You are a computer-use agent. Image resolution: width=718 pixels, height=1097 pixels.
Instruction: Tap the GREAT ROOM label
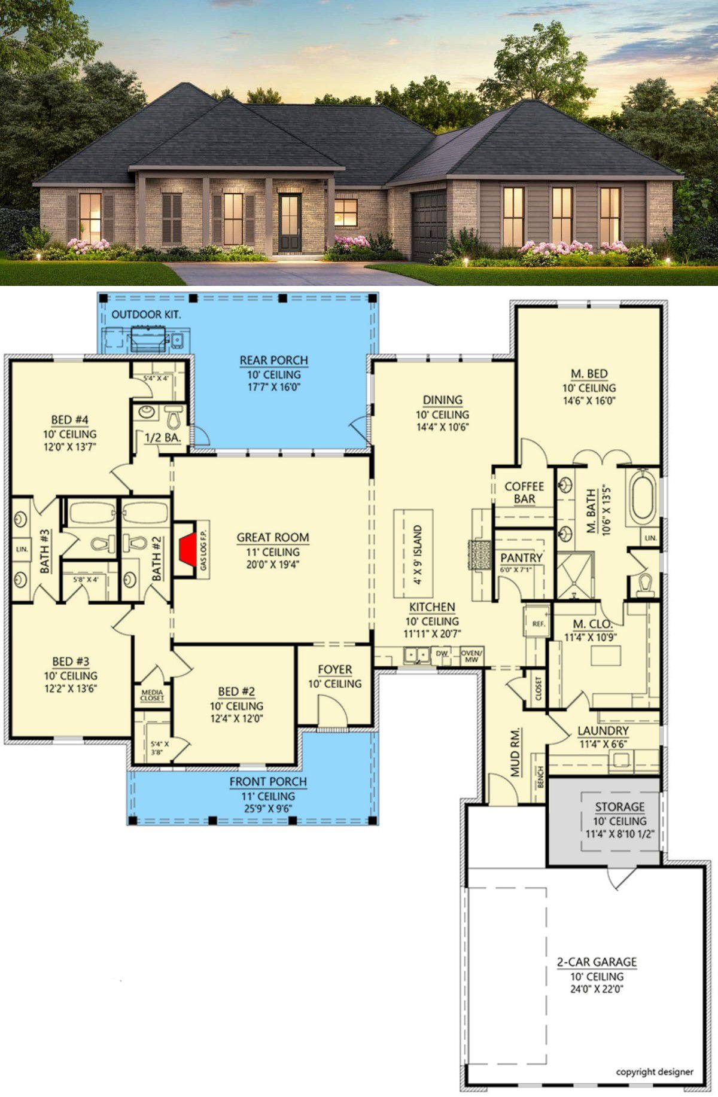coord(273,537)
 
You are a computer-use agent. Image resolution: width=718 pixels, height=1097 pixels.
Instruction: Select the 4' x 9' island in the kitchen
coord(413,554)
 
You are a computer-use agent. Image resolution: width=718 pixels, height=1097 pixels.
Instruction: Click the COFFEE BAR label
coord(524,492)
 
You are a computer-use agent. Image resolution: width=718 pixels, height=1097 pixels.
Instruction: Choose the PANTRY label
coord(521,557)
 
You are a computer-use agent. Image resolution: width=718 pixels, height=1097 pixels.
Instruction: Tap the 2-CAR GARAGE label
coord(597,962)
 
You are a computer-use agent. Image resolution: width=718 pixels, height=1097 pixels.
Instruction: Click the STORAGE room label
coord(619,806)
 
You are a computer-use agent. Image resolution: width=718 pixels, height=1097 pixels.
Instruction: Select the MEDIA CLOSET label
coord(152,695)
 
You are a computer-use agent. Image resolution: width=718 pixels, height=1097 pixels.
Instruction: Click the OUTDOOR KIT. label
coord(146,314)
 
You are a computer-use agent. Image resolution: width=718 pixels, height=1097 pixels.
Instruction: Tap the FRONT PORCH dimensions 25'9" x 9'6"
coord(267,809)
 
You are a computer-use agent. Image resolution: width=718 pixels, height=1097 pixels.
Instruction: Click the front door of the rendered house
coord(290,222)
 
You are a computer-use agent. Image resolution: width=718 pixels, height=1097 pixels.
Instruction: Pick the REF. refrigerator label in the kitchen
coord(538,624)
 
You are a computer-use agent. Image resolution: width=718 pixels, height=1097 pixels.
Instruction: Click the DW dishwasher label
coord(442,653)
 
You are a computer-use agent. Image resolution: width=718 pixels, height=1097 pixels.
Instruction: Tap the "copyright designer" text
coord(655,1072)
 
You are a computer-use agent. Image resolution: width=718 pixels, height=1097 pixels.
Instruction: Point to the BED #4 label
coord(69,420)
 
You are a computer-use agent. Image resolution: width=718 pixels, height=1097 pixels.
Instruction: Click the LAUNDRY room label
coord(603,730)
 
